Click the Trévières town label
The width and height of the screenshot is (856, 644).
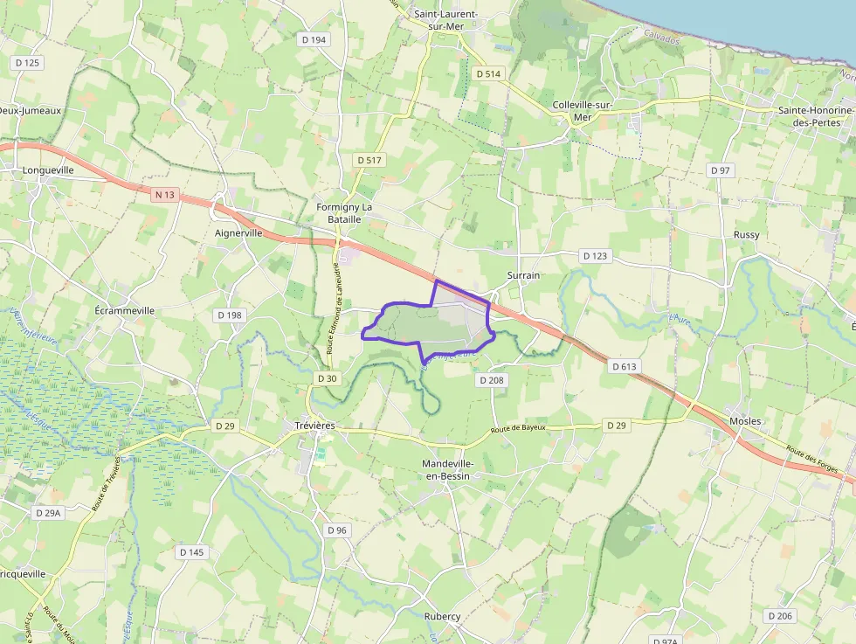pyautogui.click(x=314, y=426)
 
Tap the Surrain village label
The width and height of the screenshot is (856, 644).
pyautogui.click(x=523, y=275)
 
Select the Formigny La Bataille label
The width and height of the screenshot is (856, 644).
pyautogui.click(x=344, y=213)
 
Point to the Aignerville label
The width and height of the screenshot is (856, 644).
pyautogui.click(x=238, y=234)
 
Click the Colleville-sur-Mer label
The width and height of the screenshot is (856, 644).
pyautogui.click(x=583, y=111)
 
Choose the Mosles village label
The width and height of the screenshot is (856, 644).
pyautogui.click(x=745, y=421)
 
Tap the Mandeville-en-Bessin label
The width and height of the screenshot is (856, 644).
pyautogui.click(x=446, y=469)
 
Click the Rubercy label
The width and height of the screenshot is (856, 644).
pyautogui.click(x=442, y=617)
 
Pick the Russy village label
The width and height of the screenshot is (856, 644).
pyautogui.click(x=747, y=235)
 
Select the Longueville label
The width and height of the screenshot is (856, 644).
pyautogui.click(x=48, y=170)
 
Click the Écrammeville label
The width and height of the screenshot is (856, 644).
pyautogui.click(x=125, y=310)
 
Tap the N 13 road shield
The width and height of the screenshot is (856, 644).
pyautogui.click(x=163, y=196)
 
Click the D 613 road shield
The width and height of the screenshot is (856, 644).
pyautogui.click(x=624, y=366)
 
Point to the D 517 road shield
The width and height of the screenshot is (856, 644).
pyautogui.click(x=370, y=160)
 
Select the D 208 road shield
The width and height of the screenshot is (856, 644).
pyautogui.click(x=492, y=380)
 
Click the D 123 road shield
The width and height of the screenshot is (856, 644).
pyautogui.click(x=595, y=256)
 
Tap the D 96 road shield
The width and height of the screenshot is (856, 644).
pyautogui.click(x=337, y=530)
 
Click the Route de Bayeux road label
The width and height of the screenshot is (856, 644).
pyautogui.click(x=518, y=428)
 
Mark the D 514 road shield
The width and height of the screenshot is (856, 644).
pyautogui.click(x=489, y=74)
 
